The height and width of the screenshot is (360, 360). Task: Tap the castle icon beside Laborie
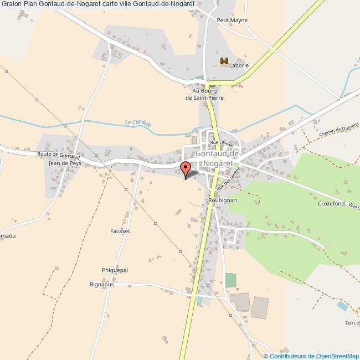tap(224, 62)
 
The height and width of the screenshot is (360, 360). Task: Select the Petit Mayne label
tap(232, 20)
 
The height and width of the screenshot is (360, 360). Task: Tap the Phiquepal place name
tap(115, 270)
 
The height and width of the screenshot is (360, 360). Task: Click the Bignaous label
tap(101, 285)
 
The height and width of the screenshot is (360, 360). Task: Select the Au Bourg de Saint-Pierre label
tap(204, 94)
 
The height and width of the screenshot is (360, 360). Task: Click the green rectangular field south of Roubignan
tap(230, 280)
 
